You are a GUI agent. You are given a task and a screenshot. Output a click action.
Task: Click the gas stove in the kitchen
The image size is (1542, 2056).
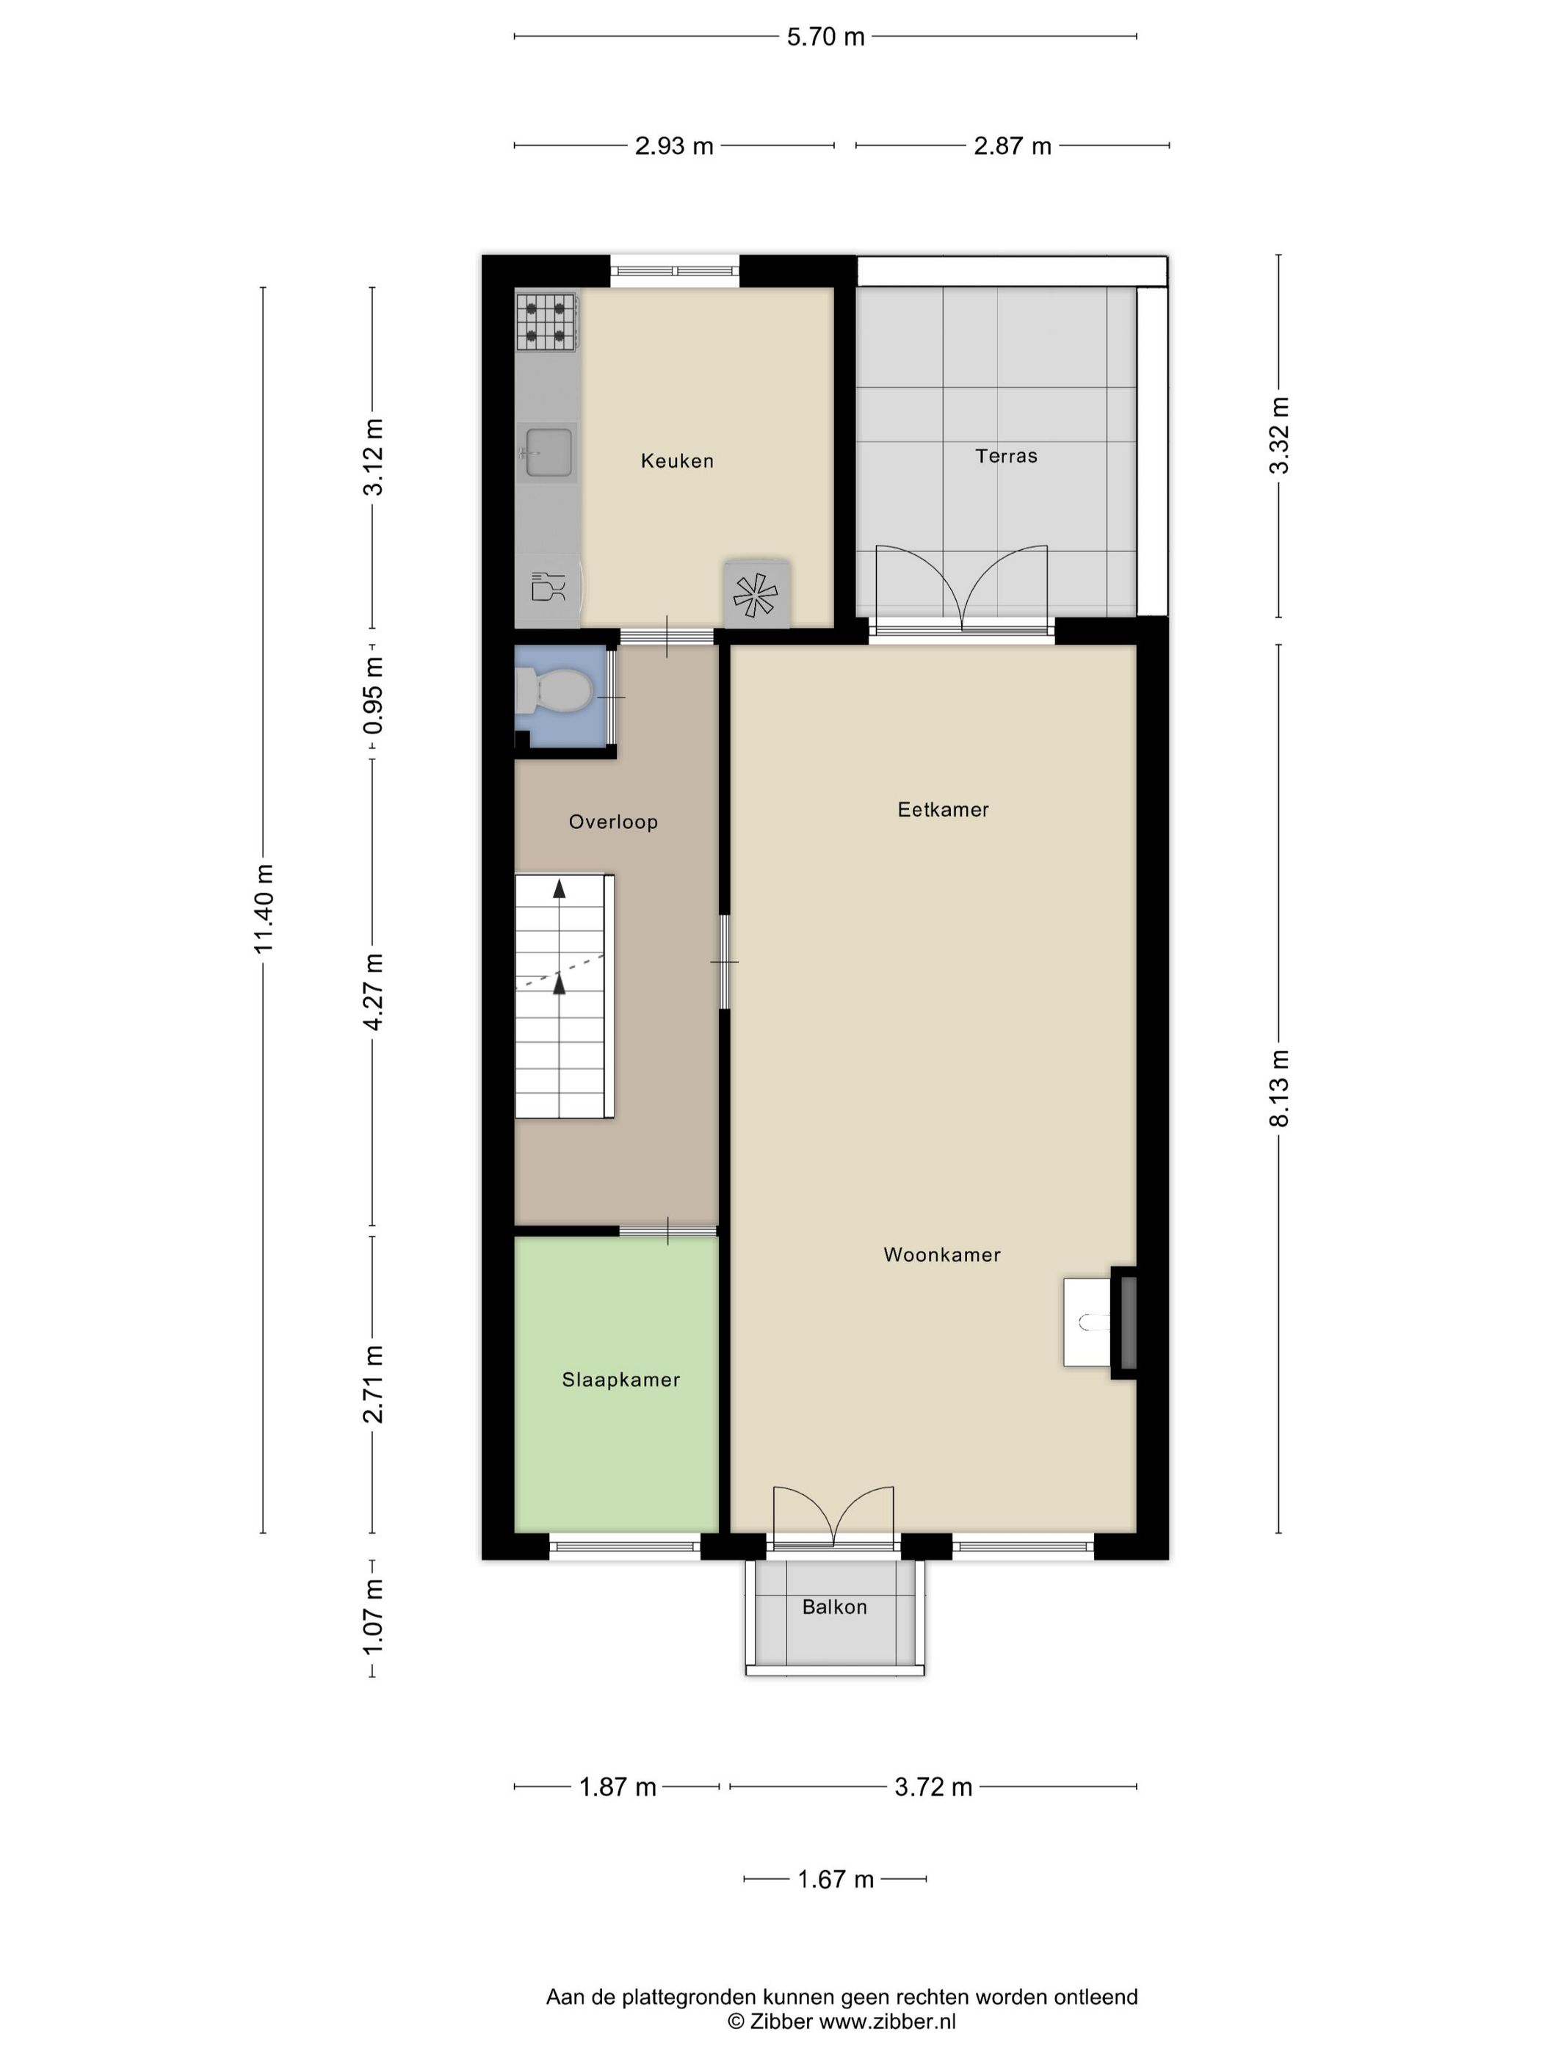(x=546, y=322)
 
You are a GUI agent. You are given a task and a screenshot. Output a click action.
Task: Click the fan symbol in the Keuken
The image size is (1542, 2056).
(x=756, y=594)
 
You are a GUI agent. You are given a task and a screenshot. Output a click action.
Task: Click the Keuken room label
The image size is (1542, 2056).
(x=677, y=461)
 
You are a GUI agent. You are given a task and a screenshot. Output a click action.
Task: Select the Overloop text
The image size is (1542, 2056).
(x=613, y=822)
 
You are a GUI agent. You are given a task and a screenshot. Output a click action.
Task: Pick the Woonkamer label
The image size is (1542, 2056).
(x=941, y=1255)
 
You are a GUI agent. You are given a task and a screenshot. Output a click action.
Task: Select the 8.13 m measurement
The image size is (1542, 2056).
(x=1280, y=1088)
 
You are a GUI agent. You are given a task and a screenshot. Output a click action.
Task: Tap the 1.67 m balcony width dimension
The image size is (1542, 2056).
(x=836, y=1879)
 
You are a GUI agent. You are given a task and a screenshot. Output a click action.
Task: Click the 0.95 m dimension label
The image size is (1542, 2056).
(x=373, y=695)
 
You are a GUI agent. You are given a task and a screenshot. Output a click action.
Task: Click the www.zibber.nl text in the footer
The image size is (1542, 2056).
(x=887, y=2021)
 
